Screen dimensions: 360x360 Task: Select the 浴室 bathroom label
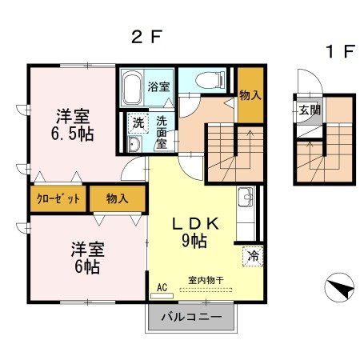(159, 86)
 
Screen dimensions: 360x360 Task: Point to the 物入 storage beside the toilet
(250, 95)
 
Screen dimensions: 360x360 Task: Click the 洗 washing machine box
(138, 123)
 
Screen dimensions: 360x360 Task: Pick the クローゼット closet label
(58, 198)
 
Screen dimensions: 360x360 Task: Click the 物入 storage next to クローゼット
(117, 198)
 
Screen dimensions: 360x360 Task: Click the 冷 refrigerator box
(253, 258)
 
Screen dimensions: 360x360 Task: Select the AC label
(162, 286)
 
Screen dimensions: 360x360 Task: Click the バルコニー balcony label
(191, 317)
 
